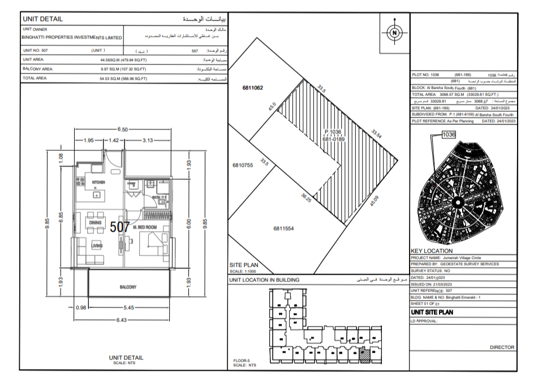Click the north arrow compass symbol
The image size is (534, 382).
click(x=394, y=33)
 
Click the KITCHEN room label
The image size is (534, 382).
click(x=98, y=183)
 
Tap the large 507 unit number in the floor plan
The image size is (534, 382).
click(x=120, y=227)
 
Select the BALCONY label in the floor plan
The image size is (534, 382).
click(x=128, y=287)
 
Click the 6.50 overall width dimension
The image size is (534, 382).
click(x=123, y=129)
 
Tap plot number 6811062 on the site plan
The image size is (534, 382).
click(x=253, y=88)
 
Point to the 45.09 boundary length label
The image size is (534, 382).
click(x=374, y=201)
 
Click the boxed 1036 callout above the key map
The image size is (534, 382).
click(x=449, y=134)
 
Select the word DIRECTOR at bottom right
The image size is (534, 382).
click(x=502, y=348)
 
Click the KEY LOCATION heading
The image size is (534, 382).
click(x=431, y=250)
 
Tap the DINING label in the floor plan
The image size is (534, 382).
click(x=95, y=223)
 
